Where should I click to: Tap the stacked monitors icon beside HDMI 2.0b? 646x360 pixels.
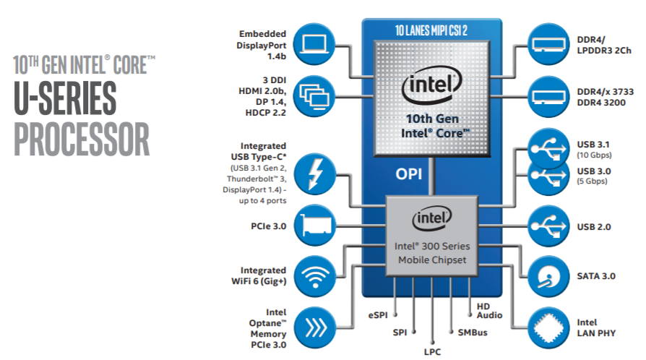pyautogui.click(x=315, y=94)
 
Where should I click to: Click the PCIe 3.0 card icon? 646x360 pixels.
pyautogui.click(x=315, y=226)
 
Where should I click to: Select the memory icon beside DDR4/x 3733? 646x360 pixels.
pyautogui.click(x=548, y=94)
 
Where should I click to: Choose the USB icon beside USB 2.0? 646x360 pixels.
pyautogui.click(x=548, y=226)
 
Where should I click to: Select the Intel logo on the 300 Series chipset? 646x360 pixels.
pyautogui.click(x=431, y=218)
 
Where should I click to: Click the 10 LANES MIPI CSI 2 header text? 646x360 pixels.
pyautogui.click(x=432, y=30)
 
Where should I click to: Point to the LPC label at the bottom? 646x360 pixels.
pyautogui.click(x=432, y=351)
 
